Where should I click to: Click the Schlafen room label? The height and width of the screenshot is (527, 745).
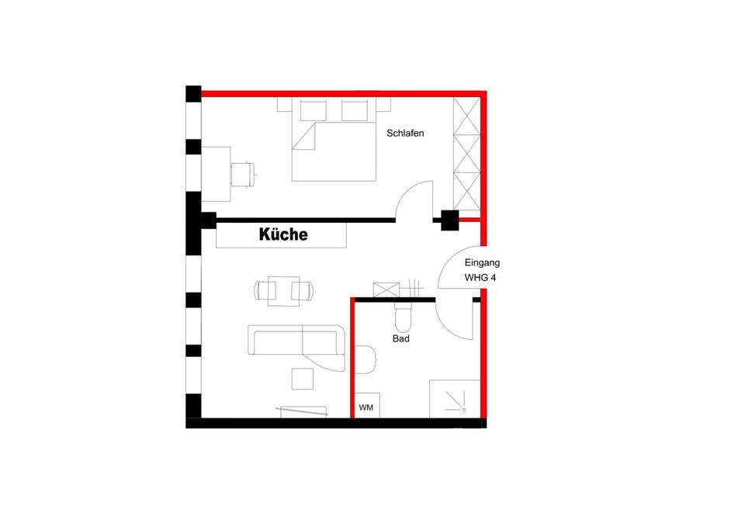click(405, 133)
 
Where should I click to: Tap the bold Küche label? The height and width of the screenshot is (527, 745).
click(283, 234)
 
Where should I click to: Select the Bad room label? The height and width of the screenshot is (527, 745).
click(400, 338)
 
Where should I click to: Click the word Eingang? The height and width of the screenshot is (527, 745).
click(482, 263)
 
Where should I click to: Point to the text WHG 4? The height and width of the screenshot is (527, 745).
click(480, 276)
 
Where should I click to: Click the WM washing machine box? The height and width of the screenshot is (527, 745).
click(366, 407)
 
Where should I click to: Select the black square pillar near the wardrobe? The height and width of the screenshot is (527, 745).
click(449, 220)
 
